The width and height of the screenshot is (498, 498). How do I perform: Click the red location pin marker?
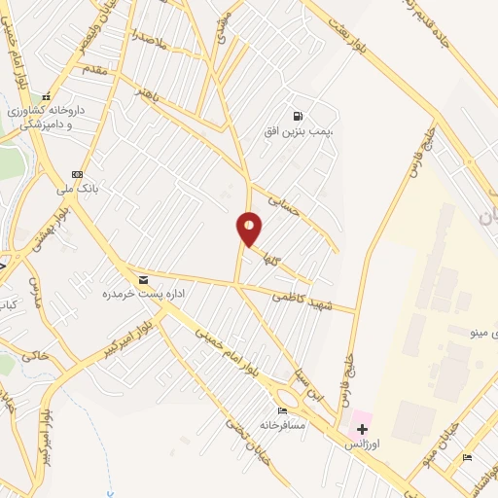tap(250, 229)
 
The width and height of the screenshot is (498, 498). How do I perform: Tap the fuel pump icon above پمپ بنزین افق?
tap(297, 115)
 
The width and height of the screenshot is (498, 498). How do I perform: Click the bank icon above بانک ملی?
tap(77, 174)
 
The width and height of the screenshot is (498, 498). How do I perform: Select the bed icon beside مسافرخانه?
tap(283, 411)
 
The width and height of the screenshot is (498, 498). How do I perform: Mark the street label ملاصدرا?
tap(152, 42)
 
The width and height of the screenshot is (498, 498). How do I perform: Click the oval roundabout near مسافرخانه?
tap(288, 397)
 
